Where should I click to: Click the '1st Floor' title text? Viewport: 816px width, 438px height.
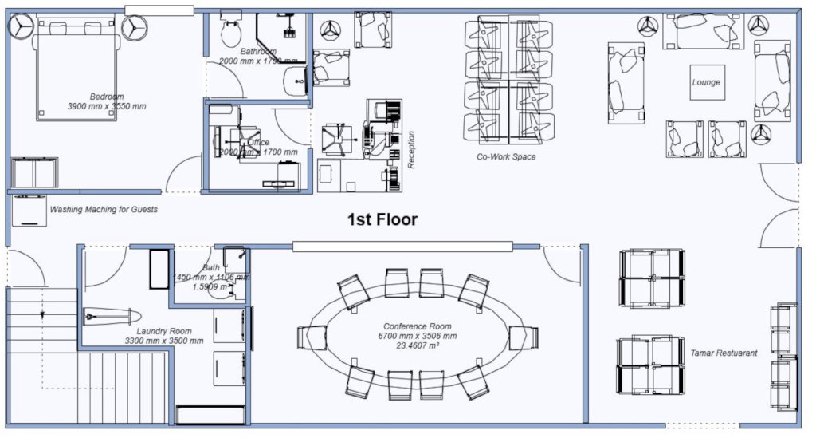382,219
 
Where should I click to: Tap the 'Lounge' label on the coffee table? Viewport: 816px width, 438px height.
706,82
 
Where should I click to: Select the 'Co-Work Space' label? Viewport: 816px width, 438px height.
506,157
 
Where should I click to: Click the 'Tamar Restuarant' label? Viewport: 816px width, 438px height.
724,353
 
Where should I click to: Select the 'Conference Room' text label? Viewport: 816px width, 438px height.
418,326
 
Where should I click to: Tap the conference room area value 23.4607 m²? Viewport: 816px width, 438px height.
418,345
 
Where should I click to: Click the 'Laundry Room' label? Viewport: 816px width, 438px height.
163,331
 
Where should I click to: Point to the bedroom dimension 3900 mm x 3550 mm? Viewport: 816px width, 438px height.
107,105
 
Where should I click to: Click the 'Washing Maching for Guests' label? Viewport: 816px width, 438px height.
104,210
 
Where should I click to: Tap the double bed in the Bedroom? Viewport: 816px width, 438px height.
78,68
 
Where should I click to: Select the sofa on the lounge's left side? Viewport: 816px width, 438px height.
626,82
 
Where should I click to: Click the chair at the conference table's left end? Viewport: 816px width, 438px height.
312,337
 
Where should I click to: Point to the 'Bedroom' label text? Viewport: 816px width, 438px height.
105,95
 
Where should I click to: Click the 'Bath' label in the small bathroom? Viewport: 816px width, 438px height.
211,268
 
